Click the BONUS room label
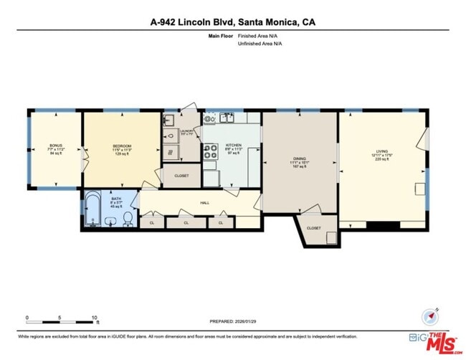click(x=56, y=146)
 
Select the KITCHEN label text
click(x=234, y=145)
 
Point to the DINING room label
click(x=299, y=158)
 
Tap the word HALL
click(x=204, y=203)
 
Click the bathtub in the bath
click(x=92, y=209)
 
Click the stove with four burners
click(x=211, y=151)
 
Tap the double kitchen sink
click(x=226, y=118)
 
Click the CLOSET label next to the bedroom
click(x=181, y=175)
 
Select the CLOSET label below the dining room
click(x=314, y=228)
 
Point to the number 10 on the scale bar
click(x=94, y=317)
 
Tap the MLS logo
click(x=439, y=341)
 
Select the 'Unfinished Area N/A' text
click(x=260, y=43)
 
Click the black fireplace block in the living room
click(x=383, y=225)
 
